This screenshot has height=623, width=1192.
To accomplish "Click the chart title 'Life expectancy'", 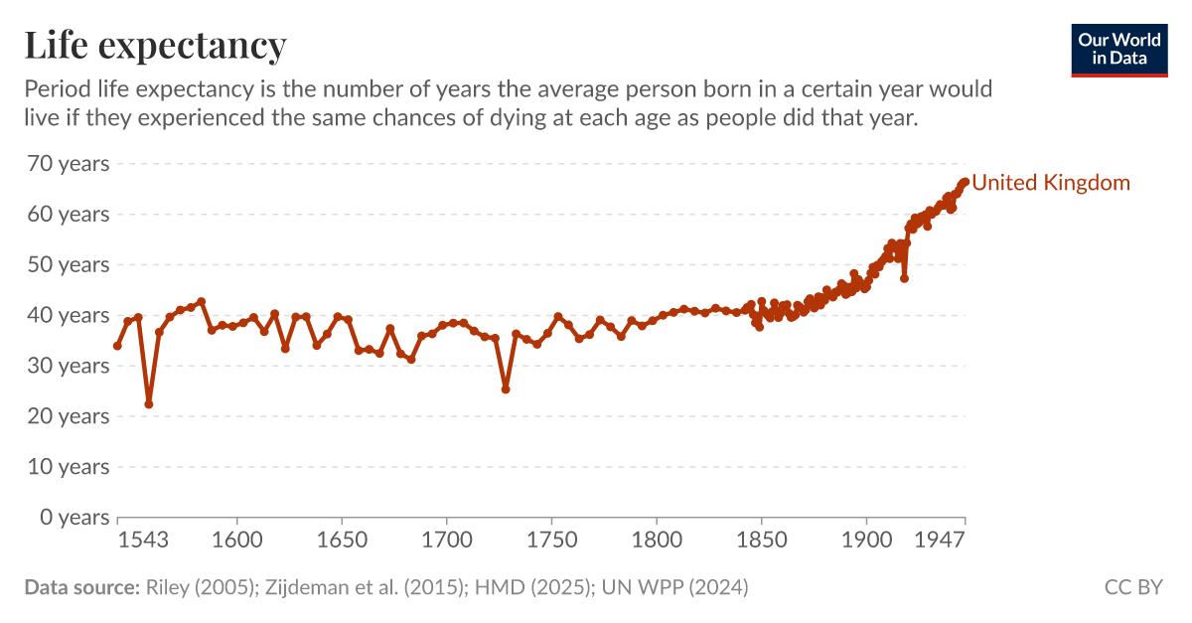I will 155,45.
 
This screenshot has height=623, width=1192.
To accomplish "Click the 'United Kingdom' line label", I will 1050,183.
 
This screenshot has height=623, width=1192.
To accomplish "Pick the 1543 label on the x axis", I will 142,541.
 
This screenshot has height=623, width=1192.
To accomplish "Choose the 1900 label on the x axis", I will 866,541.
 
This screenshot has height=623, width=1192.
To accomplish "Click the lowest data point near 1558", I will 149,403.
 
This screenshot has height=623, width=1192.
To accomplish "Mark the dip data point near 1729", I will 506,389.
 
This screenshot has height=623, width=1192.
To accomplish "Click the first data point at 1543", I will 117,346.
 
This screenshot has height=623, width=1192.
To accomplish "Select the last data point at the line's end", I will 965,182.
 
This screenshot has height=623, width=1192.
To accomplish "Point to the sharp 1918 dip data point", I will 904,278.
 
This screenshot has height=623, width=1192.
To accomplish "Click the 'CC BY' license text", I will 1132,587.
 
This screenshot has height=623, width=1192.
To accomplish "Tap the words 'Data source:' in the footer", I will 81,587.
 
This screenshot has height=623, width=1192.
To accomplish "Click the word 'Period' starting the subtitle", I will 56,89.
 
